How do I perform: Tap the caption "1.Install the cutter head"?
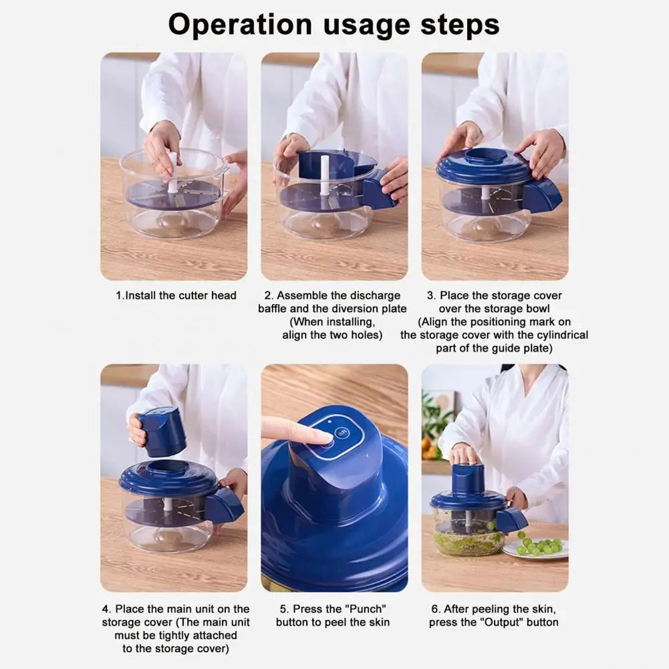pos(176,295)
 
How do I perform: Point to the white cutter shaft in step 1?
pos(172,172)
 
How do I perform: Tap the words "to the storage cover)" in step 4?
pos(175,649)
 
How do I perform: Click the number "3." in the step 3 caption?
pos(432,295)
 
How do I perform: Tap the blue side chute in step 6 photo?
pos(511,519)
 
